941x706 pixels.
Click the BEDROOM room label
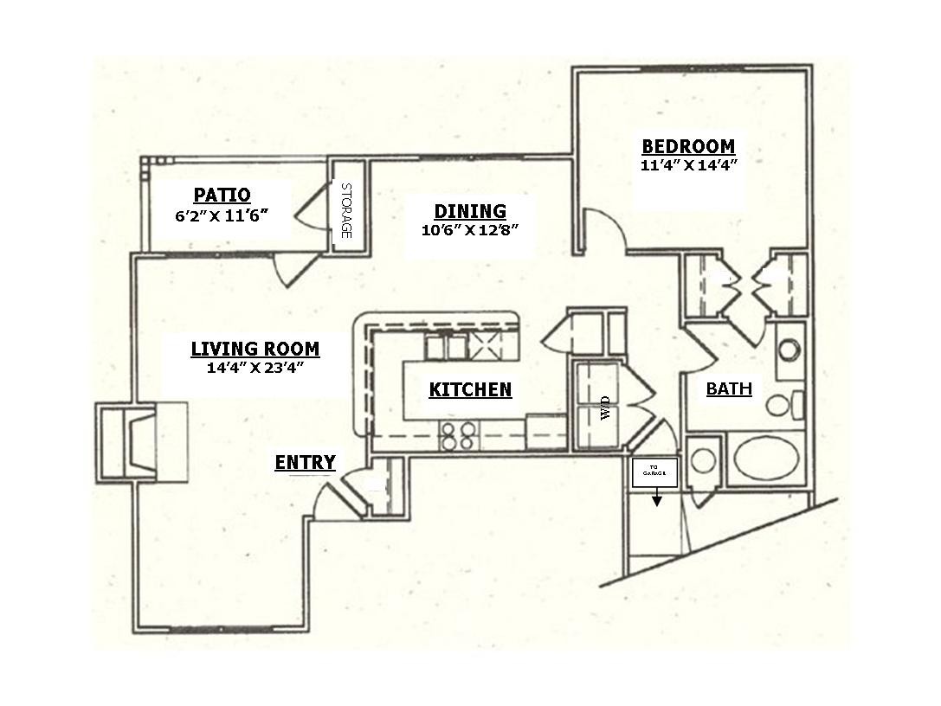coord(687,146)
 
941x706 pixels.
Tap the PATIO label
coord(222,195)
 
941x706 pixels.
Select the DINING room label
coord(469,211)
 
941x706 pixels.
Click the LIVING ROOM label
coord(255,349)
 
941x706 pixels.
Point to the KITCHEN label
coord(470,390)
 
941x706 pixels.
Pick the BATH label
coord(729,388)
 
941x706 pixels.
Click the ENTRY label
coord(305,463)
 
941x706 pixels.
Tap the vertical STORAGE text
coord(345,210)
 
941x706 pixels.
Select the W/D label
coord(605,407)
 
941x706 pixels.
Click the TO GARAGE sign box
coord(654,472)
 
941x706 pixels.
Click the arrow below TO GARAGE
coord(656,498)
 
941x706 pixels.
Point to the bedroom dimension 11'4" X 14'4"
coord(687,166)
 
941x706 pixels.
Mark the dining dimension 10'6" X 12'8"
coord(469,230)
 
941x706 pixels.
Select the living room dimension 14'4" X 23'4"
coord(255,367)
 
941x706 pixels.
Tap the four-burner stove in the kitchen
coord(458,435)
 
